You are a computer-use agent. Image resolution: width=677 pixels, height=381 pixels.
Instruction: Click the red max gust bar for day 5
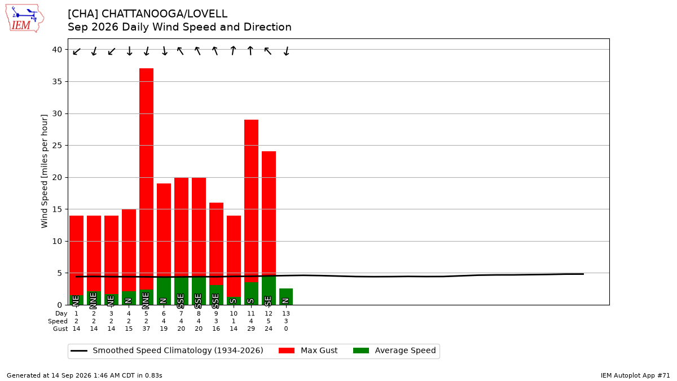click(146, 179)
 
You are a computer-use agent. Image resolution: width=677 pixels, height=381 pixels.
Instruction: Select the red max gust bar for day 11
click(251, 201)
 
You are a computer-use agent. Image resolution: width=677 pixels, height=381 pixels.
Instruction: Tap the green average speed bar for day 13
click(286, 297)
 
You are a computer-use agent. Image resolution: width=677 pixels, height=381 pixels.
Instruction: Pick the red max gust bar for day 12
click(269, 213)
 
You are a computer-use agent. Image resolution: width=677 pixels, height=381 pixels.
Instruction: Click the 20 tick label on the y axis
click(57, 177)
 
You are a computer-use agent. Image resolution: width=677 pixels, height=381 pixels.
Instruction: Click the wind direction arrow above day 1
click(77, 51)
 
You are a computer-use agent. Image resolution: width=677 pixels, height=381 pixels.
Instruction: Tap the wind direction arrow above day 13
click(287, 51)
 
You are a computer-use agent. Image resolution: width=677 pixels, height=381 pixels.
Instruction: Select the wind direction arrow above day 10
click(233, 50)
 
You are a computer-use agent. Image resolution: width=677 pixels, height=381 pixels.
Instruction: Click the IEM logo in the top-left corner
click(24, 19)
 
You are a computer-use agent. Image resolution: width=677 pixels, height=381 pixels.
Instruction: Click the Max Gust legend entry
click(308, 351)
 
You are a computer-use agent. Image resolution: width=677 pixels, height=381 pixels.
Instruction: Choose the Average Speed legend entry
click(394, 351)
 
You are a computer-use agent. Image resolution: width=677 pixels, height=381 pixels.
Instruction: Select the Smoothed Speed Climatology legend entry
click(167, 351)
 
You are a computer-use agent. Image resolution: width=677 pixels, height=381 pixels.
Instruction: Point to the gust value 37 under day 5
click(146, 329)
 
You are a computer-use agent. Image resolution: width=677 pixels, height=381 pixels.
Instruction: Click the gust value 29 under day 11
click(251, 329)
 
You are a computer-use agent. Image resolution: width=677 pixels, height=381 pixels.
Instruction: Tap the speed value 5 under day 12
click(269, 321)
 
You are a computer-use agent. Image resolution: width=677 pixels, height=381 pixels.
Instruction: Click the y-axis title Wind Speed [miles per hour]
click(45, 171)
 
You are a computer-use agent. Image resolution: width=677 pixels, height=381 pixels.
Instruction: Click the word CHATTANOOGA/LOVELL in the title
click(164, 14)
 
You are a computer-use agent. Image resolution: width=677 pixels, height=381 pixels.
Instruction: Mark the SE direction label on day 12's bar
click(268, 301)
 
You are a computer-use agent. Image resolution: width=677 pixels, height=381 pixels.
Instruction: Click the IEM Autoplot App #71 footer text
click(635, 375)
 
